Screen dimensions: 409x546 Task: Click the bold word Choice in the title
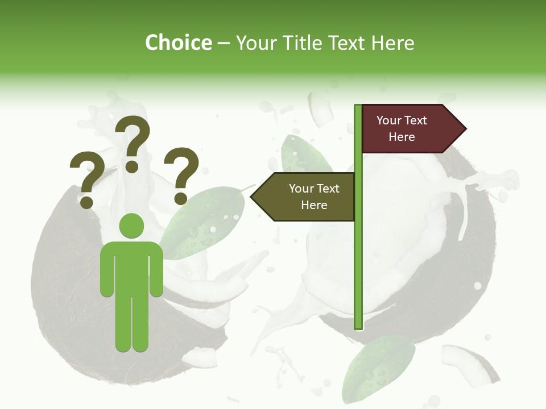point(178,43)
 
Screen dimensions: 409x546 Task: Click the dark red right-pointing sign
point(407,129)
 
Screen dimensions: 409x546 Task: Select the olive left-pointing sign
point(307,197)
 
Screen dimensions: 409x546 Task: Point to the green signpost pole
point(358,256)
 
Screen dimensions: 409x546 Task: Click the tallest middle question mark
point(133,136)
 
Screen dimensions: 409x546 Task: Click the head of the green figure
point(132,226)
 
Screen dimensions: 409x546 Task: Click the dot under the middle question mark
point(132,166)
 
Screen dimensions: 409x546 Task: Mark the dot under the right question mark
point(181,198)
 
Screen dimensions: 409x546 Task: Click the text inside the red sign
point(402,128)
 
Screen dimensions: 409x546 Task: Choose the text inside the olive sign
point(314,197)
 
